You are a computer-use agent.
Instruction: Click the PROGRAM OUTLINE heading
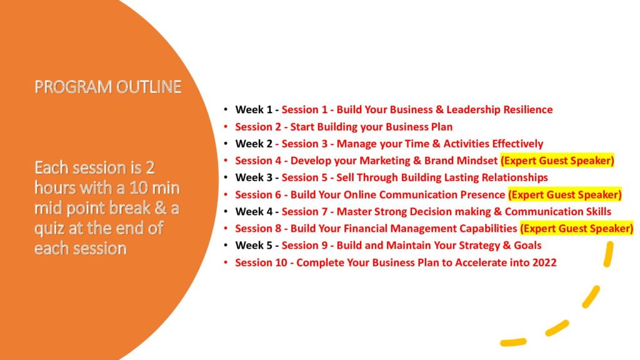(107, 87)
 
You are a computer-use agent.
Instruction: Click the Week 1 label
(254, 110)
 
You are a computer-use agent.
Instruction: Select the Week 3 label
(254, 177)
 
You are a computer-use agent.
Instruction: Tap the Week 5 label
(254, 245)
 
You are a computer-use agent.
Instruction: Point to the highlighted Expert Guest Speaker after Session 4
(557, 161)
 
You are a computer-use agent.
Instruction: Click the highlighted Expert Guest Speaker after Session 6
(565, 195)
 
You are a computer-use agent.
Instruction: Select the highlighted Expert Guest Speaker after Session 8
(576, 229)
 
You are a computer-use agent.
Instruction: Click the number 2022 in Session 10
(544, 262)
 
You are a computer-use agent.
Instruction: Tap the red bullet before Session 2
(226, 127)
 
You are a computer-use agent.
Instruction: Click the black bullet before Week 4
(226, 211)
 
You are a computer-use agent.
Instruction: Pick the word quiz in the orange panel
(49, 229)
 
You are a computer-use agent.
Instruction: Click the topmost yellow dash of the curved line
(609, 254)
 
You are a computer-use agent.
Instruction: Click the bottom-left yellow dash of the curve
(514, 342)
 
